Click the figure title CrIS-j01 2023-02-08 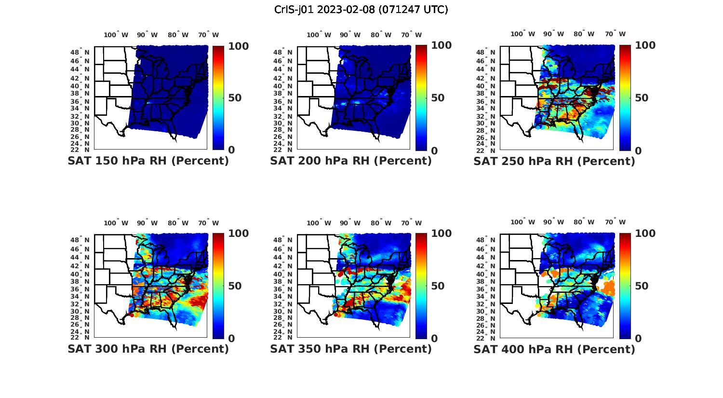[x=361, y=10]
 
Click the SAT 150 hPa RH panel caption [x=148, y=161]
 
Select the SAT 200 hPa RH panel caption [x=351, y=161]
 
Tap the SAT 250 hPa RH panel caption [x=554, y=162]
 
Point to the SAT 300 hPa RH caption [x=148, y=349]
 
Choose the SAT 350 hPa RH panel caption [x=351, y=349]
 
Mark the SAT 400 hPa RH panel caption [x=554, y=349]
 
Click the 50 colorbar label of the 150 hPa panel [x=234, y=98]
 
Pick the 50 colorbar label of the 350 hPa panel [x=431, y=286]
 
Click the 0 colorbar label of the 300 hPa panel [x=231, y=339]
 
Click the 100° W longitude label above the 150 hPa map [x=116, y=35]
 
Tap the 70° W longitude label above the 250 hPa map [x=615, y=34]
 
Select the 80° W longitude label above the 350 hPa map [x=381, y=223]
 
